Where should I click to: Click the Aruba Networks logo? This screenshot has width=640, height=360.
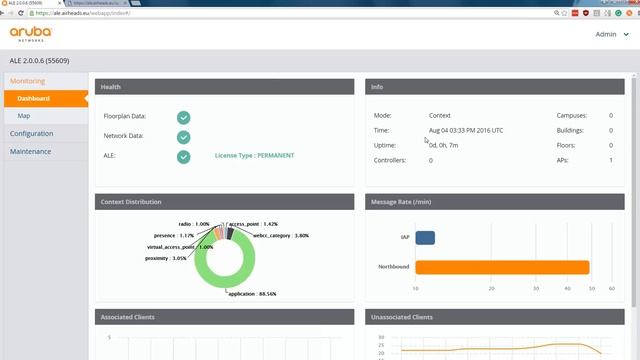click(31, 35)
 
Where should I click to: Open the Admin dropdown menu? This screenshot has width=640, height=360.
click(609, 34)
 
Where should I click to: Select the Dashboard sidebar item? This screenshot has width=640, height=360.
click(34, 99)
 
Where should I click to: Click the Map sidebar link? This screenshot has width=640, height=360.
click(24, 116)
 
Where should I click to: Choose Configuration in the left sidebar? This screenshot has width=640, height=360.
click(32, 134)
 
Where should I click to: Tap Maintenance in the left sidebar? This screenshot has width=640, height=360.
click(30, 152)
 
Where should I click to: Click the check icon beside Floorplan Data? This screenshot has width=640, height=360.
click(184, 116)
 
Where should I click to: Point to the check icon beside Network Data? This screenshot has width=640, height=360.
click(184, 136)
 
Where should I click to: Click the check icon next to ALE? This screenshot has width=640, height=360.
click(184, 156)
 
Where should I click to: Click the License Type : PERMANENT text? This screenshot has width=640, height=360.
click(254, 156)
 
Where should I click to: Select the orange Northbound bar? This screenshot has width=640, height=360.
click(502, 267)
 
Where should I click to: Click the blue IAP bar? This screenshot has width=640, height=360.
click(425, 238)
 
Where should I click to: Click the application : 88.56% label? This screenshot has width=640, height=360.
click(252, 294)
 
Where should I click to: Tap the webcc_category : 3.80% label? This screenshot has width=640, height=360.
click(281, 235)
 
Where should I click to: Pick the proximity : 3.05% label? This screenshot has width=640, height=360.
click(165, 258)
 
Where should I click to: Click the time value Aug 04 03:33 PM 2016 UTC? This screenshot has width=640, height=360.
click(466, 130)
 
